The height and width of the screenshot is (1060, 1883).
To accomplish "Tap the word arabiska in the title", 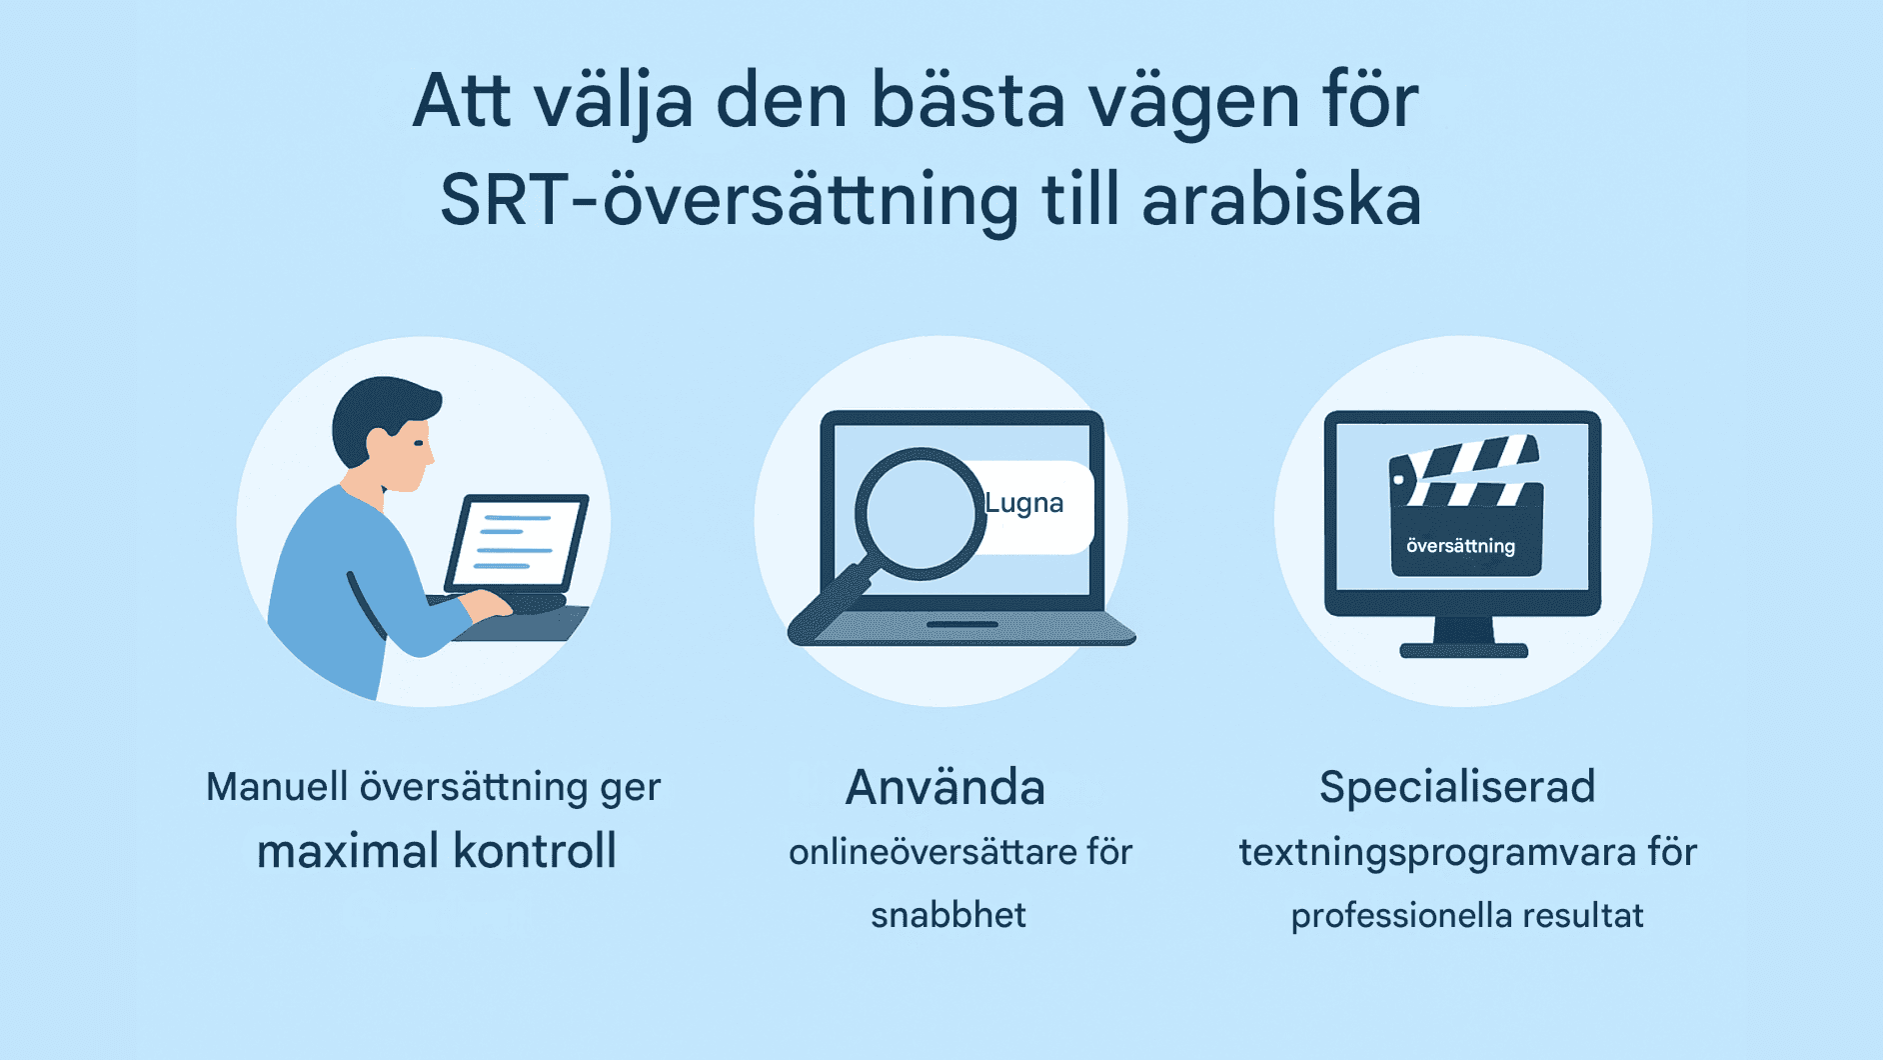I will click(x=1281, y=200).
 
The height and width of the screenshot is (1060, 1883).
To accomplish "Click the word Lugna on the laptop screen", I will click(x=1023, y=503).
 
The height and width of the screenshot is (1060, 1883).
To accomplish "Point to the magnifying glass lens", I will click(x=919, y=513).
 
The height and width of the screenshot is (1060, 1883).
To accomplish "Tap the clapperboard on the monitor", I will click(x=1465, y=505).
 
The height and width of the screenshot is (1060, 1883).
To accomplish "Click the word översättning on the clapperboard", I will click(x=1460, y=546).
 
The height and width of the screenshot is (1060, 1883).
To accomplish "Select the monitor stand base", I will click(x=1463, y=651).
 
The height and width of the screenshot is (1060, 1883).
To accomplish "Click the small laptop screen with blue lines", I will click(x=517, y=541).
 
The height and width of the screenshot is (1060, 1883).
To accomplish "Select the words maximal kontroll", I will click(x=436, y=851).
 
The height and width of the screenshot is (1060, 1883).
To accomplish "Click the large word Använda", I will click(x=944, y=787).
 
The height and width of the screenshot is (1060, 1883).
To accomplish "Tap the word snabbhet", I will click(x=947, y=915).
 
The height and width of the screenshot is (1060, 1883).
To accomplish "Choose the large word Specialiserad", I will click(x=1456, y=787).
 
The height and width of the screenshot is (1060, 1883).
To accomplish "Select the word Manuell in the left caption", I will click(x=277, y=787).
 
